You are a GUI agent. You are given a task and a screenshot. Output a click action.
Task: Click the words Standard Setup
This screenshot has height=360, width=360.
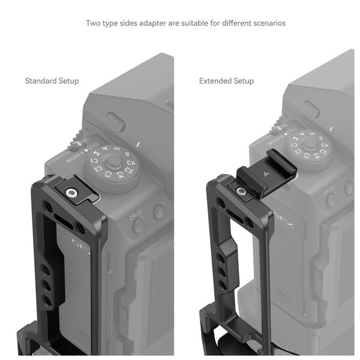click(52, 81)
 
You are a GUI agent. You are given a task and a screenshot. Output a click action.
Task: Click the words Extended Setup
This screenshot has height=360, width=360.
click(226, 81)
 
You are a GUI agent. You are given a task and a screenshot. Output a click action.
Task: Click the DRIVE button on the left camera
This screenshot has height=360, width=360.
click(138, 225)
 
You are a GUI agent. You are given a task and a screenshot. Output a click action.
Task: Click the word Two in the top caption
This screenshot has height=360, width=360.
click(92, 23)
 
